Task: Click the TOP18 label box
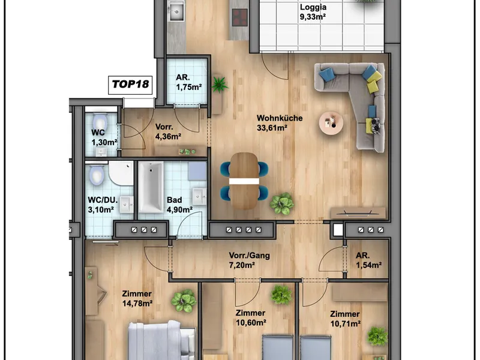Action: tap(130, 85)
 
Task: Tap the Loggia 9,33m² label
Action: tap(313, 11)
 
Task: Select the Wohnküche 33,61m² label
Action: tap(280, 123)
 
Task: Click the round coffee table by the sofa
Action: tap(331, 123)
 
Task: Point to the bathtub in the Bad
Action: tap(151, 187)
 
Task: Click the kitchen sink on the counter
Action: tap(176, 10)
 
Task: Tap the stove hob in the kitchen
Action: tap(239, 17)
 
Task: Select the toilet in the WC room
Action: tap(100, 122)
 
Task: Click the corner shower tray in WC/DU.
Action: tap(121, 173)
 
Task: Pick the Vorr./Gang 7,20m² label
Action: tap(249, 260)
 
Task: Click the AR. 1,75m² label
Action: tap(188, 82)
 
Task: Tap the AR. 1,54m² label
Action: tap(368, 260)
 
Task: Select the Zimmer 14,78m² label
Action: tap(137, 298)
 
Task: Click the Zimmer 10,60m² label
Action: tap(250, 318)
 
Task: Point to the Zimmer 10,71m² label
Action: tap(345, 319)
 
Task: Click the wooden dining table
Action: tap(244, 181)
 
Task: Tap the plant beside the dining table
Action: tap(281, 203)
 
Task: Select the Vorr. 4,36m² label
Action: tap(168, 131)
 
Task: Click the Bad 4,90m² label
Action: tap(179, 205)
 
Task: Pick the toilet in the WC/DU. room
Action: tap(96, 175)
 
